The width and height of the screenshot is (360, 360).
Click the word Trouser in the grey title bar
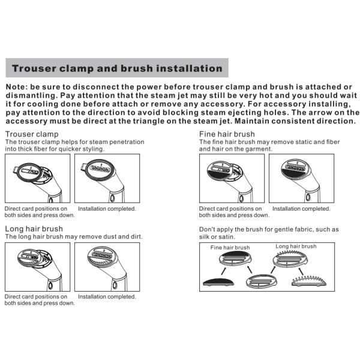pyautogui.click(x=34, y=68)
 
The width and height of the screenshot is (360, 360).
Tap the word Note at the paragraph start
pyautogui.click(x=17, y=87)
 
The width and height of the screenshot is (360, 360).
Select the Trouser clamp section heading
pyautogui.click(x=32, y=134)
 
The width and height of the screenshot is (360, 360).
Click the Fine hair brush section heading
pyautogui.click(x=227, y=134)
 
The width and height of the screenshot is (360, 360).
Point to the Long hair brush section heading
pyautogui.click(x=34, y=229)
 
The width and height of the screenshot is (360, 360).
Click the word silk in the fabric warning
pyautogui.click(x=204, y=237)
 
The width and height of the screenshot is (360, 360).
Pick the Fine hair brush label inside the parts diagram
pyautogui.click(x=230, y=247)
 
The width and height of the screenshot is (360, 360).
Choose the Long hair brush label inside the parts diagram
pyautogui.click(x=296, y=247)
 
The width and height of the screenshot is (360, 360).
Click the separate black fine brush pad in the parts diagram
pyautogui.click(x=218, y=282)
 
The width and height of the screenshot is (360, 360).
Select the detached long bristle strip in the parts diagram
pyautogui.click(x=309, y=281)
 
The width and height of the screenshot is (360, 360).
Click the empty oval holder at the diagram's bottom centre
pyautogui.click(x=261, y=281)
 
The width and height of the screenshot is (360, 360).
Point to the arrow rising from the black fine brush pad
pyautogui.click(x=223, y=271)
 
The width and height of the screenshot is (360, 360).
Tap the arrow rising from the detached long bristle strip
pyautogui.click(x=301, y=271)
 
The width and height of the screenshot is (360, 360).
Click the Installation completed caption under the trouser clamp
pyautogui.click(x=107, y=209)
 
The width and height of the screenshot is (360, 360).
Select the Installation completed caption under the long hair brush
pyautogui.click(x=107, y=296)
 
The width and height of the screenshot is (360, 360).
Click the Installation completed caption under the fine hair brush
pyautogui.click(x=301, y=209)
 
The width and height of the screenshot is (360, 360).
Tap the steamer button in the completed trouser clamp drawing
pyautogui.click(x=112, y=198)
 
